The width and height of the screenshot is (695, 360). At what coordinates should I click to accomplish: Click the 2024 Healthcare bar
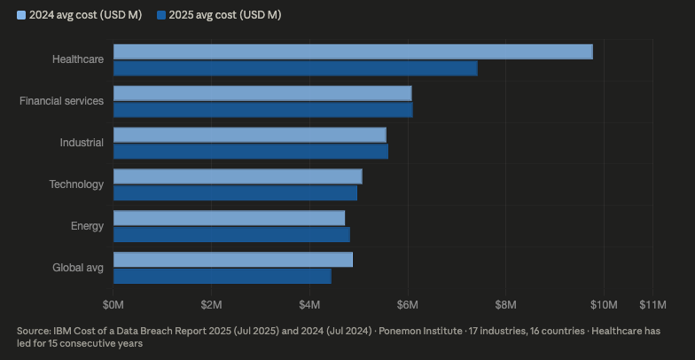(353, 51)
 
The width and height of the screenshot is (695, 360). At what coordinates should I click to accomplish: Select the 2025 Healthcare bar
(295, 68)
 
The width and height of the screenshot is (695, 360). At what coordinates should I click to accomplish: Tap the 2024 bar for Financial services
(262, 93)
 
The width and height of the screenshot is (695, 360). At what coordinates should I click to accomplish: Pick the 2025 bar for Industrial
(251, 152)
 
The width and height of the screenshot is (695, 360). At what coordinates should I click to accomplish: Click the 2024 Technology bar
(238, 176)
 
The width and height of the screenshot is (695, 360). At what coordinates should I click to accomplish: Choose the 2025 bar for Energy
(231, 234)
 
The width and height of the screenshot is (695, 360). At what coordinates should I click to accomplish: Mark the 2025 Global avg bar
(223, 276)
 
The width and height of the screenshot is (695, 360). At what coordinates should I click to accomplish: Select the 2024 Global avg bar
(233, 259)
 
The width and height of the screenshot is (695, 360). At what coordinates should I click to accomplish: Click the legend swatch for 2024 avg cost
(21, 15)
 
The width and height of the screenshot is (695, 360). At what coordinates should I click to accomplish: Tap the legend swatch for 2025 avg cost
(160, 15)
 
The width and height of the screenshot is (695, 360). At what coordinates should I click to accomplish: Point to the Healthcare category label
(78, 59)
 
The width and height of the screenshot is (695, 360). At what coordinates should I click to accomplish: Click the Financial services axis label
(61, 101)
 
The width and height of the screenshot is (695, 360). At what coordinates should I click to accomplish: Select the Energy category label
(87, 226)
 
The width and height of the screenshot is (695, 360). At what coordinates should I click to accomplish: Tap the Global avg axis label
(79, 268)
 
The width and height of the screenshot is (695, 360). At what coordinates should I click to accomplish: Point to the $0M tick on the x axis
(113, 305)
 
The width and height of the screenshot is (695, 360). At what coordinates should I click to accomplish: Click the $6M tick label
(407, 305)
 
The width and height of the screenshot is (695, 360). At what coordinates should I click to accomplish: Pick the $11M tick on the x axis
(652, 305)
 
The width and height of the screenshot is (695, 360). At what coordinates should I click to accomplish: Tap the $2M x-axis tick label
(211, 305)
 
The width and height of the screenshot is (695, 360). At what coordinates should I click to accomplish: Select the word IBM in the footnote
(63, 331)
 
